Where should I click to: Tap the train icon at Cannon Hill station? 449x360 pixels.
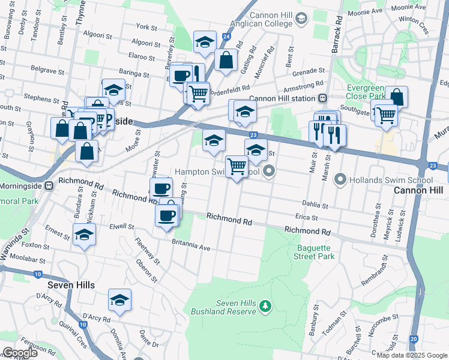pyautogui.click(x=323, y=98)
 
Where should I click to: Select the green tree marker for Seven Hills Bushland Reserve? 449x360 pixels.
pyautogui.click(x=265, y=308)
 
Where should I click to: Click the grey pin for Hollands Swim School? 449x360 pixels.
pyautogui.click(x=340, y=179)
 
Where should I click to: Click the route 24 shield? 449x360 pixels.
pyautogui.click(x=226, y=37)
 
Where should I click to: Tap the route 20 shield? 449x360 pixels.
pyautogui.click(x=414, y=339)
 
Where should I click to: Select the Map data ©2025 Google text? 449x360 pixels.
pyautogui.click(x=411, y=355)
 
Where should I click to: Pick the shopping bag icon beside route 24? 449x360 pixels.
pyautogui.click(x=226, y=60)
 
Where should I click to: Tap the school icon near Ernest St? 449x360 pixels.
pyautogui.click(x=84, y=235)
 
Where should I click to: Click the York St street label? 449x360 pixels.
pyautogui.click(x=146, y=28)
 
